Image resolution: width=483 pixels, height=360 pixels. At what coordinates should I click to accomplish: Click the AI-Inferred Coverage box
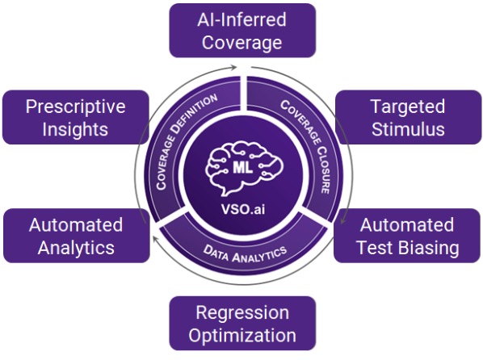[242, 31]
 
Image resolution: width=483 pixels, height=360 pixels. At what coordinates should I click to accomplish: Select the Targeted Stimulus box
[408, 117]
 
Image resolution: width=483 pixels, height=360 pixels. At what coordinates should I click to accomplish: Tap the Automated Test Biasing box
[407, 236]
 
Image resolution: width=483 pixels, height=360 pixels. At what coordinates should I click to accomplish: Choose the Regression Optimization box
[242, 324]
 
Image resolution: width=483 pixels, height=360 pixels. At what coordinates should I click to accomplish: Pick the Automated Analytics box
[77, 236]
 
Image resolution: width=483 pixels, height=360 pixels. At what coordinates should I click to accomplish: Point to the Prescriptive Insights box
[76, 117]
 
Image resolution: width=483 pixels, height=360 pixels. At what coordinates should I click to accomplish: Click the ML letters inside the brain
[243, 167]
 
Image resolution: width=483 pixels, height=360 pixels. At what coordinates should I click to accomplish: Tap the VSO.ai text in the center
[243, 209]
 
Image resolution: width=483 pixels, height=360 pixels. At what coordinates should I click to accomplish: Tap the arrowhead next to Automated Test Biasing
[342, 220]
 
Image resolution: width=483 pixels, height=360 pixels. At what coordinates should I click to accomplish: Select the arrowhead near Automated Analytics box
[156, 238]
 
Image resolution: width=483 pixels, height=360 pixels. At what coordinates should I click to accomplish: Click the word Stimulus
[408, 129]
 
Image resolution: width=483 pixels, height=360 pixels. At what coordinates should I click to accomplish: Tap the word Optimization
[242, 336]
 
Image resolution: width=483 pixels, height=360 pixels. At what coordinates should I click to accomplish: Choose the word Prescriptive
[76, 107]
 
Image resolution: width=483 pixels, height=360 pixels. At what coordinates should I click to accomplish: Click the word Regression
[242, 312]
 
